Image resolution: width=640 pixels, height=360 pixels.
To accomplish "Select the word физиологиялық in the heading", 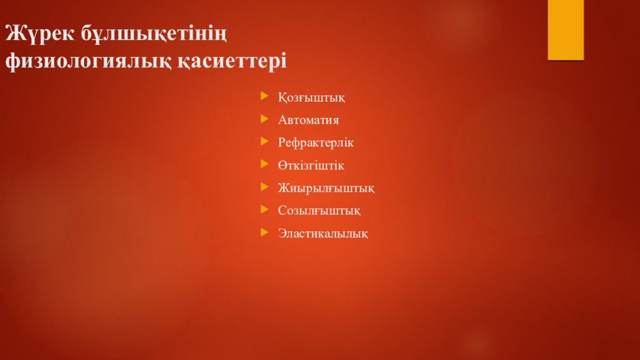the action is (89, 61).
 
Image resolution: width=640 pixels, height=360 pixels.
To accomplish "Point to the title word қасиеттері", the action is (232, 61).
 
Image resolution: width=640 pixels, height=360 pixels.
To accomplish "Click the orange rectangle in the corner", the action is (566, 30).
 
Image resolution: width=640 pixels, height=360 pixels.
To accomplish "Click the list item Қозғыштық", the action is (311, 97).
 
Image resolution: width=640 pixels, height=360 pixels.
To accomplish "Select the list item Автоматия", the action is (309, 120).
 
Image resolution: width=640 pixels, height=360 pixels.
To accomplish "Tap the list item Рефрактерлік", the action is (316, 142).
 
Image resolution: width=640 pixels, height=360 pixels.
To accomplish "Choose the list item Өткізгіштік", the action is (311, 165).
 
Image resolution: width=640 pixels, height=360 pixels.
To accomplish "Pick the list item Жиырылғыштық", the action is (326, 188).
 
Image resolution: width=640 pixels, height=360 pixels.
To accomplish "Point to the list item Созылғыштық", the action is (319, 211).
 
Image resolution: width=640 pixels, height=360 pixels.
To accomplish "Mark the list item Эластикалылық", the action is (323, 233).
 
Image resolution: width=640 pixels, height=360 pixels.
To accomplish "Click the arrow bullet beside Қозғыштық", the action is (264, 96).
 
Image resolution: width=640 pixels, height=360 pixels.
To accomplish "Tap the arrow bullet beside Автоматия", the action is (264, 119).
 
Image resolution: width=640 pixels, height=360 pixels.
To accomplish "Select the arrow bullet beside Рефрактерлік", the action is (264, 141).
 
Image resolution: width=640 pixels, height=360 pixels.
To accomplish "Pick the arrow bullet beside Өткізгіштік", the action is (264, 164).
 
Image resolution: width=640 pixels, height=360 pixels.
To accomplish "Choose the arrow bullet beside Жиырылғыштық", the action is (264, 187).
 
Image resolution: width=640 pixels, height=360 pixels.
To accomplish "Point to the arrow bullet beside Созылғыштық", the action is (264, 209).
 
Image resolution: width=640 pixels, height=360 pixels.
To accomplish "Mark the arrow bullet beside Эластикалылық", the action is (264, 232).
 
